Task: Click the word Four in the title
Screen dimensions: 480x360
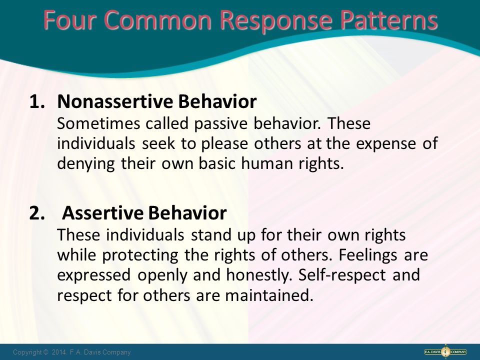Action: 70,19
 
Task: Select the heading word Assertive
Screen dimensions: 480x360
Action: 102,213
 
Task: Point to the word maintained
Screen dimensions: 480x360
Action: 269,295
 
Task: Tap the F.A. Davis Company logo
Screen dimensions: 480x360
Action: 445,352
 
